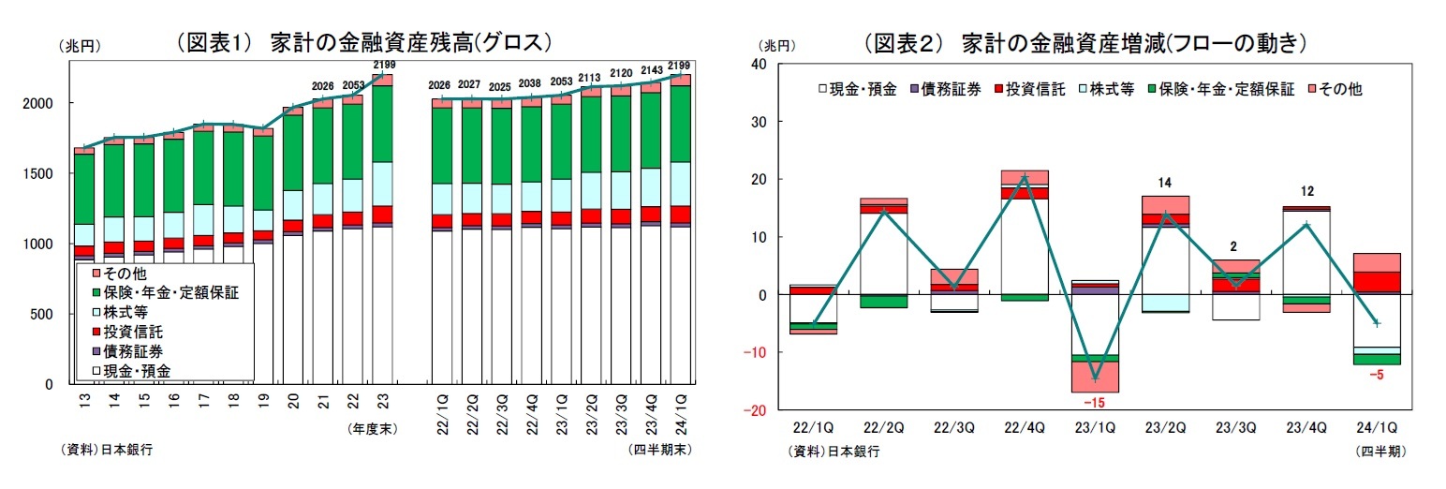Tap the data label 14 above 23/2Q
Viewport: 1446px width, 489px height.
tap(1164, 183)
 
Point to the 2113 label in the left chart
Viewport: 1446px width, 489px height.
tap(590, 79)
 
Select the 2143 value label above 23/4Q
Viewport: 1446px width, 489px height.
tap(651, 70)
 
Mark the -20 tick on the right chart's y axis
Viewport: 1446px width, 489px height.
tap(754, 410)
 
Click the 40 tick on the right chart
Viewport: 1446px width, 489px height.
tap(759, 64)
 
